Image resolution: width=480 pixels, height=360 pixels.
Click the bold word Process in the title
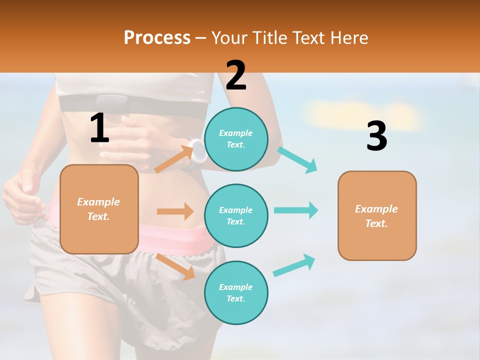[157, 37]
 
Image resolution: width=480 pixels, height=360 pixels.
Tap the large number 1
[99, 128]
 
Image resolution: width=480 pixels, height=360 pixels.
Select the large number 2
[236, 75]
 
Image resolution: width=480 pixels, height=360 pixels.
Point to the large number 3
[376, 136]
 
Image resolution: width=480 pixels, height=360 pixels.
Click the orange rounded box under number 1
[99, 209]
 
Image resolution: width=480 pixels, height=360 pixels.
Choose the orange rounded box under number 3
[377, 215]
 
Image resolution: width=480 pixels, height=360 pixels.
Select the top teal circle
[236, 139]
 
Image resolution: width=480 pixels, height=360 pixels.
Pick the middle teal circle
[236, 215]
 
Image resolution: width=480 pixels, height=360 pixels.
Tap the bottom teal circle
[236, 292]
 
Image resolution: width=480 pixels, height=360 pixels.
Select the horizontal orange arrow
[175, 211]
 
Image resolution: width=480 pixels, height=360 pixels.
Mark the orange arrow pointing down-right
[175, 266]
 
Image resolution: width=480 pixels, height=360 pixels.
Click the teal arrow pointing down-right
[297, 160]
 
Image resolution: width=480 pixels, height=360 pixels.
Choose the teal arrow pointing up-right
[294, 265]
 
